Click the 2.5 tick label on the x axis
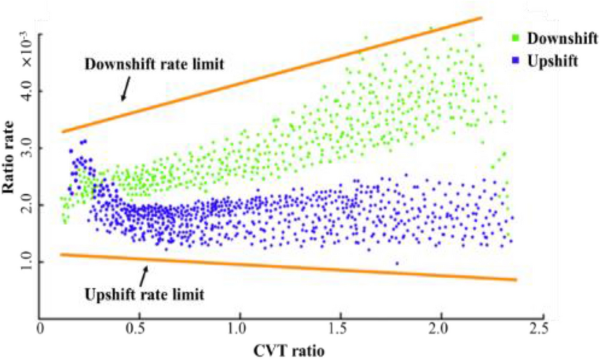[541, 328]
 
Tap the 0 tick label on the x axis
[41, 328]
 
